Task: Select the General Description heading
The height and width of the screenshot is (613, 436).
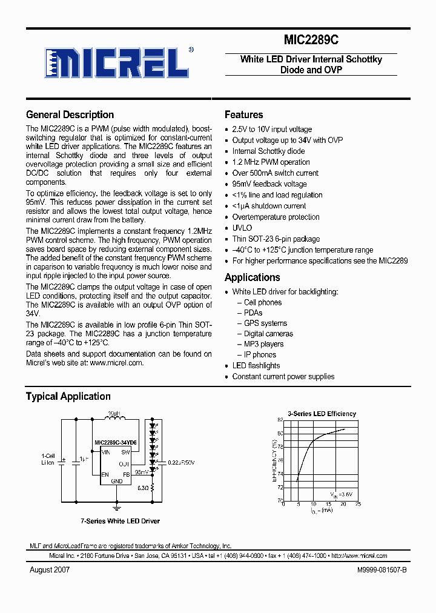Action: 70,114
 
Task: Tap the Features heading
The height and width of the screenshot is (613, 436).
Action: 243,114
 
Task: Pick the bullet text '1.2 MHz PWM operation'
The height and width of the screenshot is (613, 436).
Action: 271,162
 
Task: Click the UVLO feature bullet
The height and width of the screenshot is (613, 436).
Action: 242,228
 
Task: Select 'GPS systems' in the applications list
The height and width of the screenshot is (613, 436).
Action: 265,323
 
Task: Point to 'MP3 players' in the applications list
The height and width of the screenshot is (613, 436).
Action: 263,344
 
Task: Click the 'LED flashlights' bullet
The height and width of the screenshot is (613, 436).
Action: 256,366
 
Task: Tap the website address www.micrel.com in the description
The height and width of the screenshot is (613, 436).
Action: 116,363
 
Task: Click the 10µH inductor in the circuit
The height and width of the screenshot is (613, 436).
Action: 113,416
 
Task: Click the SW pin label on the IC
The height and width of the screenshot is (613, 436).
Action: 125,452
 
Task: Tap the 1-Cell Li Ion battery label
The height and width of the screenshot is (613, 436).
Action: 48,459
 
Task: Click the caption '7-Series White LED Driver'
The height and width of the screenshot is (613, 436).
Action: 120,521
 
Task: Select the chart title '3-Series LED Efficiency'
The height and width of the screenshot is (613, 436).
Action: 322,414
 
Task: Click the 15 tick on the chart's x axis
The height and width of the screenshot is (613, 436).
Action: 329,504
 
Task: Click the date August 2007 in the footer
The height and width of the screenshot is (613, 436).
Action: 50,570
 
